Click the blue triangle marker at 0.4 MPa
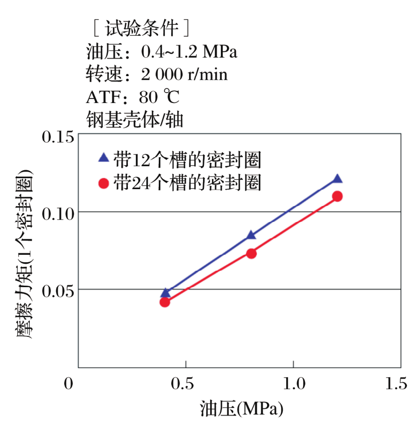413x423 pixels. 165,293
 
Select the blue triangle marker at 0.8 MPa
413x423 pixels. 251,235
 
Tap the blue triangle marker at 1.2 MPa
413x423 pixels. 337,179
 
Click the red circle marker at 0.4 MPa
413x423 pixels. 165,302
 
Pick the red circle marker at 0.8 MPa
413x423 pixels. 251,253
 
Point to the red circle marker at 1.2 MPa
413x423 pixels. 337,196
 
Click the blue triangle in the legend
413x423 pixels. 103,158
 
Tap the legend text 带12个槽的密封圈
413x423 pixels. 187,159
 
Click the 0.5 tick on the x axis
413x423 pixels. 186,383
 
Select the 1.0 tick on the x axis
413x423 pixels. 293,383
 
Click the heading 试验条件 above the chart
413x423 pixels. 141,28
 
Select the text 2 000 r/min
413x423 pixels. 184,75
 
